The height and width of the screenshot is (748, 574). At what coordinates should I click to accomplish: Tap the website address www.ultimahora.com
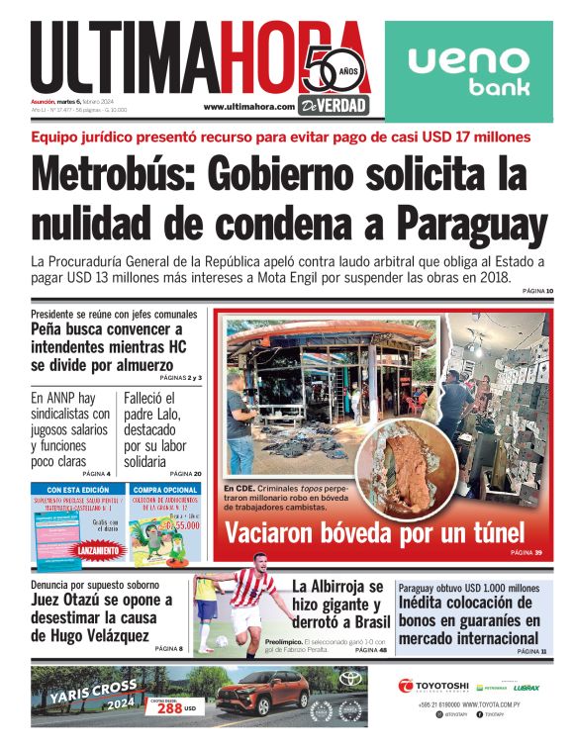tap(248, 107)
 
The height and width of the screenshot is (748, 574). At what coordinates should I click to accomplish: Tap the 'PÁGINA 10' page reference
tap(534, 291)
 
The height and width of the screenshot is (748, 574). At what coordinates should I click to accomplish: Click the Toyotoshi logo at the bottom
tap(434, 686)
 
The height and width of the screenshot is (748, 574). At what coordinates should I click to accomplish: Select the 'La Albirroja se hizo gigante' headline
tap(336, 605)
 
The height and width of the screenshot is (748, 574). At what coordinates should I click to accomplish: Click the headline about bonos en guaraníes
tap(469, 620)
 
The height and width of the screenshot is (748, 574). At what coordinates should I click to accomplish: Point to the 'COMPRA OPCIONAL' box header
tap(165, 489)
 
